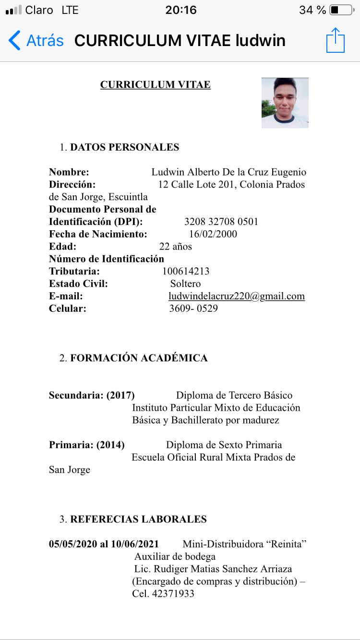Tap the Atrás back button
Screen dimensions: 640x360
pyautogui.click(x=36, y=40)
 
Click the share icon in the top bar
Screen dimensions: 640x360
pyautogui.click(x=336, y=40)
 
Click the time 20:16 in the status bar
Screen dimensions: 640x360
pyautogui.click(x=181, y=10)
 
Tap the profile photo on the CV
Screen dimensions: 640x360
pyautogui.click(x=285, y=103)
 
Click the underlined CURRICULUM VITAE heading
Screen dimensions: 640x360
pyautogui.click(x=155, y=85)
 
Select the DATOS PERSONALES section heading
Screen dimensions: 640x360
pyautogui.click(x=124, y=147)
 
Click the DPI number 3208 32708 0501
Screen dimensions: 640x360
pyautogui.click(x=221, y=222)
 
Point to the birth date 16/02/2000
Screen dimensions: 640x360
pyautogui.click(x=213, y=234)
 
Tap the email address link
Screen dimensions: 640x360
pyautogui.click(x=237, y=296)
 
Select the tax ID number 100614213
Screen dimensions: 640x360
pyautogui.click(x=186, y=271)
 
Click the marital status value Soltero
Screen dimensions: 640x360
pyautogui.click(x=185, y=284)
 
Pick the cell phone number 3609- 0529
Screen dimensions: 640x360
pyautogui.click(x=193, y=308)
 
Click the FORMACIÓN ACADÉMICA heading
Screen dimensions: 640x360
pyautogui.click(x=139, y=358)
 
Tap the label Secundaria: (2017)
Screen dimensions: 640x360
pyautogui.click(x=92, y=395)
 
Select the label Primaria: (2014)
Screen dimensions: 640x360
pyautogui.click(x=87, y=445)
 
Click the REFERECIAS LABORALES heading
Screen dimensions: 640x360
pyautogui.click(x=138, y=519)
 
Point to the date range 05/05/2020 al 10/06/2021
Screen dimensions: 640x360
pyautogui.click(x=104, y=544)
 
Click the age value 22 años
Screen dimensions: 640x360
pyautogui.click(x=176, y=247)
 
